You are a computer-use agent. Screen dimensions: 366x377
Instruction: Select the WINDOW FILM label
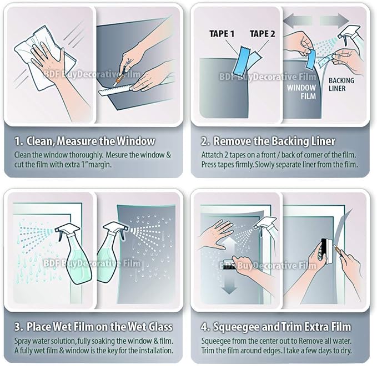301,92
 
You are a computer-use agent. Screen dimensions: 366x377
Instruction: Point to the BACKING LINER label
341,84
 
